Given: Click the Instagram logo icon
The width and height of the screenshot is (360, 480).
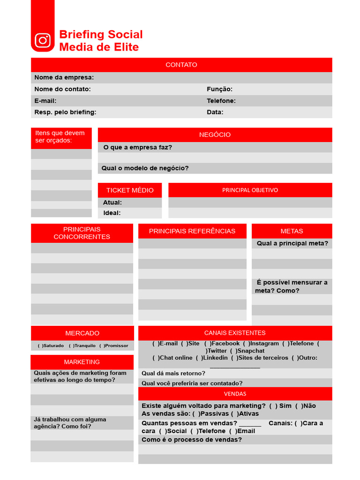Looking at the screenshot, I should [43, 40].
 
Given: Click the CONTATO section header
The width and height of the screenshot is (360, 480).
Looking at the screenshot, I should [181, 65].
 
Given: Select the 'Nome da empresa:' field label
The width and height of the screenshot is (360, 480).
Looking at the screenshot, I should [64, 77].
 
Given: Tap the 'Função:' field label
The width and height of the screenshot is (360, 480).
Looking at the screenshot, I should [219, 89].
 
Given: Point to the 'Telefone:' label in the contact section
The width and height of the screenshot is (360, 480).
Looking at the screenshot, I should [221, 101].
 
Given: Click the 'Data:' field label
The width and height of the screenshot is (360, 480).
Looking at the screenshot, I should [215, 112].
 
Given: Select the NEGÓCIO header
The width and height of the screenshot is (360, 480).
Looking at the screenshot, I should [215, 135].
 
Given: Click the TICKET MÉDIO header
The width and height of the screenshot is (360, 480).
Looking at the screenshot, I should [130, 190].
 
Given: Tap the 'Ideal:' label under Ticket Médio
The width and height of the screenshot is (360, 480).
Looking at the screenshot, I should [112, 213].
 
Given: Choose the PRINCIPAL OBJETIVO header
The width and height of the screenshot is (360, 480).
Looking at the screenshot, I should [250, 190].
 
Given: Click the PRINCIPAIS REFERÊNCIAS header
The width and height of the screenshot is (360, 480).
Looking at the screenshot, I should [192, 231].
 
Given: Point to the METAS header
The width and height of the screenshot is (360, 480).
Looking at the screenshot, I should [292, 231].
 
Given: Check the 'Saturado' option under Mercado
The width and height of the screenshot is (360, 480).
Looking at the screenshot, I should [40, 346].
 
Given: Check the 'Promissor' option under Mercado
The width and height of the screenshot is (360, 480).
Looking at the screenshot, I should [101, 346].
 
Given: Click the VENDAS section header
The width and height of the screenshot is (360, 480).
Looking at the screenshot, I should [235, 394].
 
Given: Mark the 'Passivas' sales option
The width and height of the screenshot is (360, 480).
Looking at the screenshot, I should [196, 413].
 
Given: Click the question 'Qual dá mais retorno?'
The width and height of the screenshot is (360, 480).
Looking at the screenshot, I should [173, 373].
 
